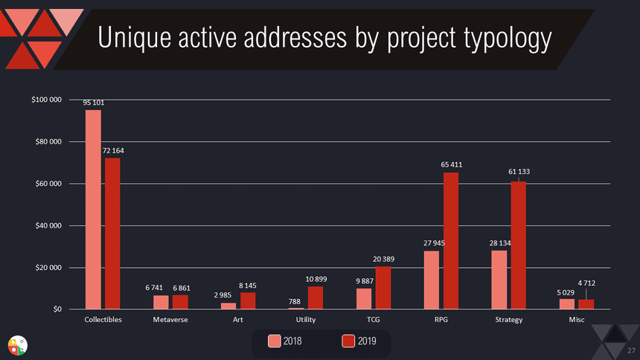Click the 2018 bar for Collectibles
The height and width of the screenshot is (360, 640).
[93, 209]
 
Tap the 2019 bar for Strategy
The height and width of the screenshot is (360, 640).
[519, 245]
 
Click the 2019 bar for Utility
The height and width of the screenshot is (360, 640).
[316, 298]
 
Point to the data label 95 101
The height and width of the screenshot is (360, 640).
[93, 103]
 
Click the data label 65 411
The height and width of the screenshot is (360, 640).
[452, 164]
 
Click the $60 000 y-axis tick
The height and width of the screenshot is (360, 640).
[48, 184]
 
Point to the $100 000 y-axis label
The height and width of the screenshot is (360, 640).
[46, 100]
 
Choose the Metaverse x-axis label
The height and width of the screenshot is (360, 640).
[170, 320]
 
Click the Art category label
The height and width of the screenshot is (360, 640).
[238, 320]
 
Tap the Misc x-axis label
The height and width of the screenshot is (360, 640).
[577, 320]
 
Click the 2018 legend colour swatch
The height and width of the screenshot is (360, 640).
[275, 341]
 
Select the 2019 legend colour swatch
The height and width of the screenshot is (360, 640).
[348, 341]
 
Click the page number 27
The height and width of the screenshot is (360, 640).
[633, 350]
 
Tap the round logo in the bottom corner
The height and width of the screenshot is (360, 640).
[17, 344]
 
